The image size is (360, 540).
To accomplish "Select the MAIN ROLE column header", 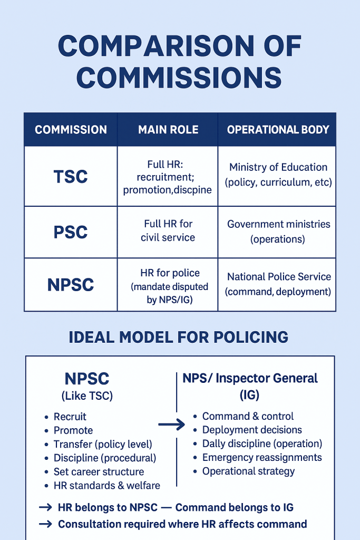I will pos(168,130).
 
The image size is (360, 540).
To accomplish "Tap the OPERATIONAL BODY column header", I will pos(278,130).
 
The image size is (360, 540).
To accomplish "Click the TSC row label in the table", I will pos(71,177).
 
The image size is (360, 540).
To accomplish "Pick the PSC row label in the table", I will pos(71,232).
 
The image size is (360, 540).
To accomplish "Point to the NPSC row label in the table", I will pos(71,284).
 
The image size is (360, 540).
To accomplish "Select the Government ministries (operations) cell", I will pos(278,232).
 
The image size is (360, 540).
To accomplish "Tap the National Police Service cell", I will pos(278,284).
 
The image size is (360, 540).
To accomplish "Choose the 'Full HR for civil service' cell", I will pos(168,231).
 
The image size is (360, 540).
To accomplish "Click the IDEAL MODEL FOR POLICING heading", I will pos(179,337).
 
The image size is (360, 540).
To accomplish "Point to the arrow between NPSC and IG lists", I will pos(172,425).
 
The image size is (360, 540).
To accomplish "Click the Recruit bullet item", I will pos(70,417).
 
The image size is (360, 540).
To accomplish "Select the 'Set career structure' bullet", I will pos(99,471).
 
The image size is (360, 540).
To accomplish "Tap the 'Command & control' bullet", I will pos(248,416).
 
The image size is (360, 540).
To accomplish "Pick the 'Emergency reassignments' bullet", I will pos(261,457).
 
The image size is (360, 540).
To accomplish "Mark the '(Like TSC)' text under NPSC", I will pos(87,396).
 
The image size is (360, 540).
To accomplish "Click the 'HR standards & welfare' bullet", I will pos(106,485).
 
